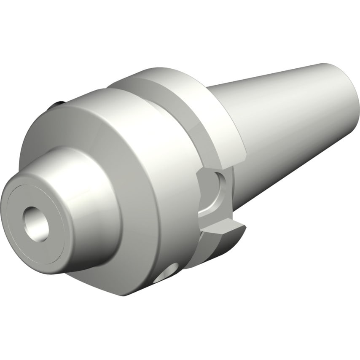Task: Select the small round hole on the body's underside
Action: pyautogui.click(x=168, y=274)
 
